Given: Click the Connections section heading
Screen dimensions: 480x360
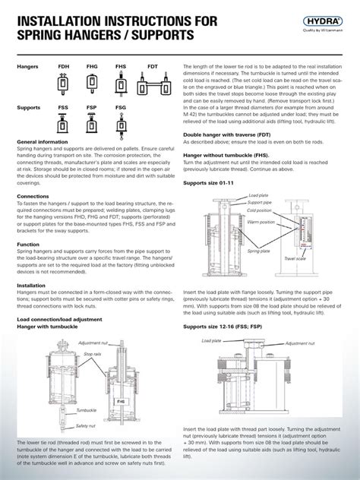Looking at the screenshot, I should click(33, 195).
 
